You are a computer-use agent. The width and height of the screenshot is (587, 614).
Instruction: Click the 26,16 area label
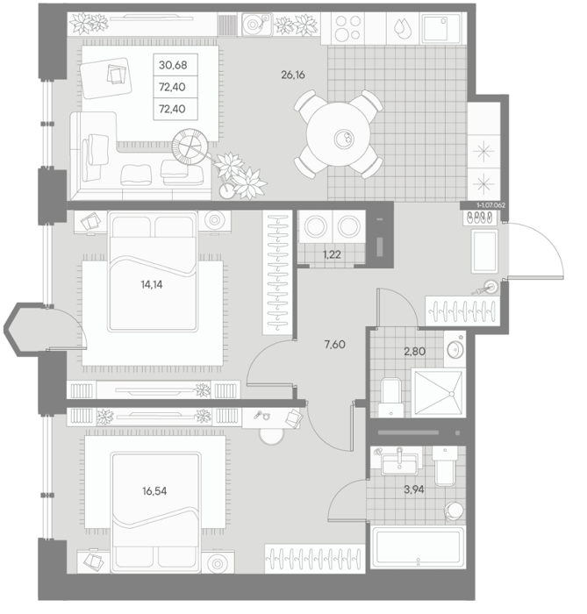point(293,75)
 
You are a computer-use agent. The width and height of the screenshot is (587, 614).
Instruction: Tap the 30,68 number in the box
point(173,65)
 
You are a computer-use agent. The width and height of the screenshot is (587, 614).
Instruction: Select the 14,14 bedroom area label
point(152,285)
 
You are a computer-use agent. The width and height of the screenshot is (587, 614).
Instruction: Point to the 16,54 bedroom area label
point(154,490)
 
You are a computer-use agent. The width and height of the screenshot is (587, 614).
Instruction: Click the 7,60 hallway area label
point(335,345)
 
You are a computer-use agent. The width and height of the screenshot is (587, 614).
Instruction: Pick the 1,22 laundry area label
point(332,255)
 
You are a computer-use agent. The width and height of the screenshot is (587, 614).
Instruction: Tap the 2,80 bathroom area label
point(415,351)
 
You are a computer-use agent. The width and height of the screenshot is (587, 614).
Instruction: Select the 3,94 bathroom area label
point(414,489)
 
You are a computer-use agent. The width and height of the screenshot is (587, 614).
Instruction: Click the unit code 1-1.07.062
point(490,205)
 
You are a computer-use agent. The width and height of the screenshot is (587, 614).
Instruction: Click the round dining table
point(339,135)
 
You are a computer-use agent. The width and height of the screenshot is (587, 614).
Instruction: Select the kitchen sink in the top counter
point(441,28)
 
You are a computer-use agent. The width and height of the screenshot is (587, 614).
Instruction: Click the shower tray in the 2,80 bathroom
point(438,393)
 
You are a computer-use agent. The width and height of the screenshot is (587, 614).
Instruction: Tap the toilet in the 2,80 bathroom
point(390,397)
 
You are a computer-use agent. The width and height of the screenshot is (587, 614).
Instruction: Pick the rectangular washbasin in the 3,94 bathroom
point(399,461)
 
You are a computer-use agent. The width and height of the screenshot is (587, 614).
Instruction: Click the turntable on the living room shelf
point(257,25)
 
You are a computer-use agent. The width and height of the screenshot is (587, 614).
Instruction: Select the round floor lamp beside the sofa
point(190,146)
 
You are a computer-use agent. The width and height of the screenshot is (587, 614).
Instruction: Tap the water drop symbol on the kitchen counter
point(402,29)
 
